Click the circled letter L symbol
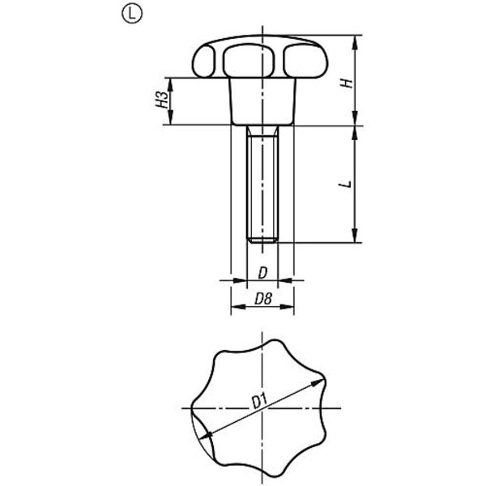(132, 15)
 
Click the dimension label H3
(162, 100)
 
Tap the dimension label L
(346, 184)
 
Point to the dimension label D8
(263, 299)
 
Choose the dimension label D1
(259, 402)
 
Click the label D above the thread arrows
(262, 273)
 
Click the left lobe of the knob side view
(203, 61)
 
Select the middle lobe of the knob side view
(249, 61)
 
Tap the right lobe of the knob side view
(305, 61)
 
